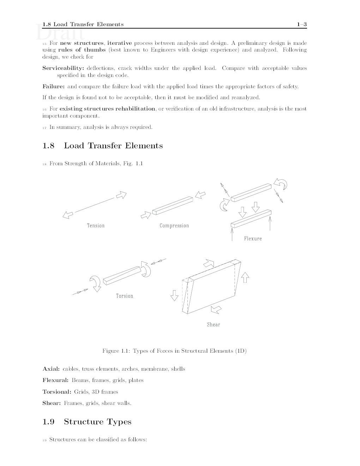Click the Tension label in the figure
click(96, 226)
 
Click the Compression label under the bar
click(174, 226)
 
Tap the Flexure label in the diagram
click(253, 239)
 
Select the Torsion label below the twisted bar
click(125, 296)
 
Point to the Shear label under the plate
click(213, 324)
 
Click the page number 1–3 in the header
click(302, 24)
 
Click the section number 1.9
click(48, 422)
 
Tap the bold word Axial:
click(51, 369)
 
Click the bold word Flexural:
click(55, 380)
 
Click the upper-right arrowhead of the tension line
click(121, 195)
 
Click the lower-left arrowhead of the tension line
click(68, 215)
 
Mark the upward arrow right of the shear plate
click(245, 277)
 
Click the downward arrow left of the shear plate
click(174, 295)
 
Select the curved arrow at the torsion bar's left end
click(95, 283)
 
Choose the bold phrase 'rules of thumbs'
click(82, 50)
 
